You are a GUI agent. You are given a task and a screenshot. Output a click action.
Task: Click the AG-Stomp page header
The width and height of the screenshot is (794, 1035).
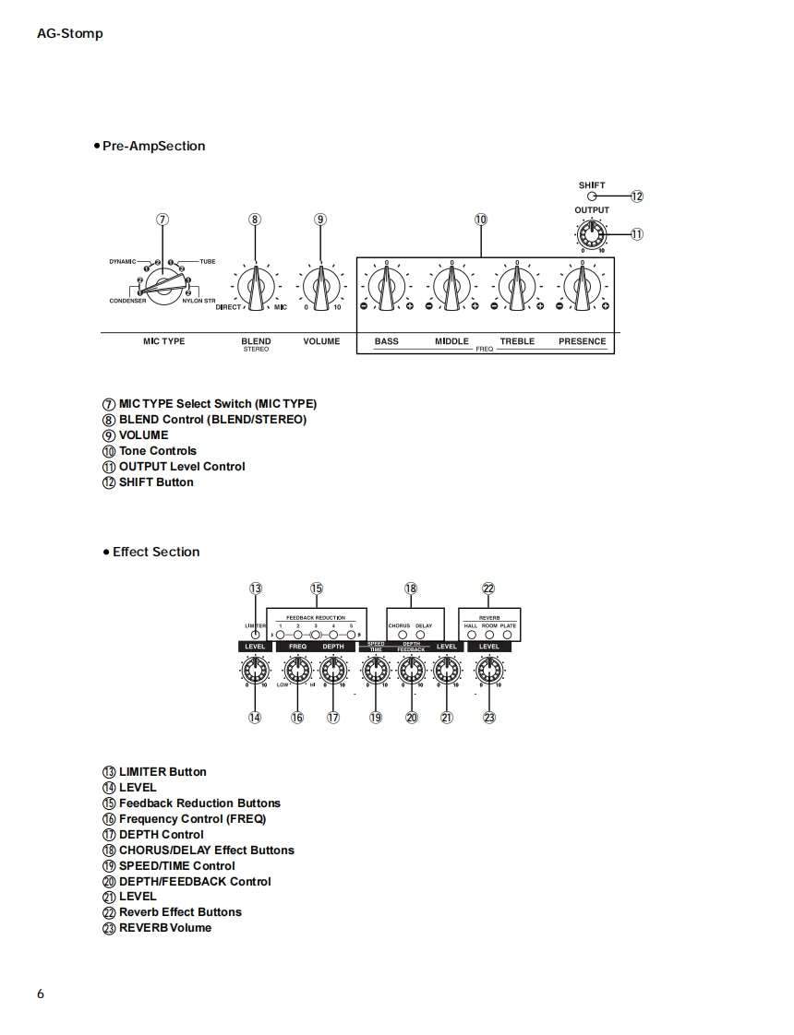(70, 34)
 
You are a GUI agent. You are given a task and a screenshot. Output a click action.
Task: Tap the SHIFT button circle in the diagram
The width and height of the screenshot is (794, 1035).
(592, 196)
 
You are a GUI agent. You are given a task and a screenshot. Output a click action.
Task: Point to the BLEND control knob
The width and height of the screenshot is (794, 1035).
(256, 287)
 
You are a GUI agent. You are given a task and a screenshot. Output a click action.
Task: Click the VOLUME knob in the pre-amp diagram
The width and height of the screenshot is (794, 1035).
(321, 287)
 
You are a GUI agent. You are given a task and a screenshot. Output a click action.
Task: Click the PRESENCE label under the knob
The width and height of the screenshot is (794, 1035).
(583, 341)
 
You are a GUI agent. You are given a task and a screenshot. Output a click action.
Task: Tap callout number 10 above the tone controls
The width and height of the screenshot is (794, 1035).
(481, 220)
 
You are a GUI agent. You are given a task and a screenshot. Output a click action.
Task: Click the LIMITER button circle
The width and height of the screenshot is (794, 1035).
(256, 635)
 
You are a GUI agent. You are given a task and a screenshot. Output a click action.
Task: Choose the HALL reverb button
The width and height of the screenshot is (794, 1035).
(471, 635)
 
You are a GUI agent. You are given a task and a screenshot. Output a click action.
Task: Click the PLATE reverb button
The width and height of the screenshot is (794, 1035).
(509, 635)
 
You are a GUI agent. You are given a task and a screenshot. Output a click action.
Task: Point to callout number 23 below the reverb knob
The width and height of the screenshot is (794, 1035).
(489, 718)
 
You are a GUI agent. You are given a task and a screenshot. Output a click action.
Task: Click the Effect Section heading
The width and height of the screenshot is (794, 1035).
(156, 552)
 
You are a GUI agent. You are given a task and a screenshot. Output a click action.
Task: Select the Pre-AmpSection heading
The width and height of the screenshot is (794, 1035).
(153, 146)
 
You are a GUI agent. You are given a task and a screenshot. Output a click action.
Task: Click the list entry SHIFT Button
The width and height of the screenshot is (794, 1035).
(155, 482)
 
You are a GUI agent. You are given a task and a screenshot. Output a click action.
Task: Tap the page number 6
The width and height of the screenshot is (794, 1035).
(41, 994)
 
